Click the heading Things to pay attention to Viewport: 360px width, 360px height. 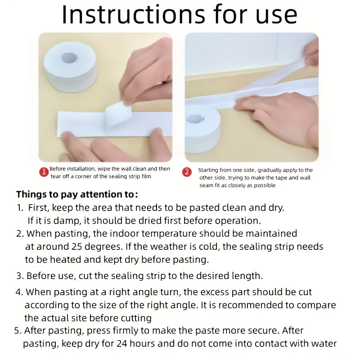[77, 194]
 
